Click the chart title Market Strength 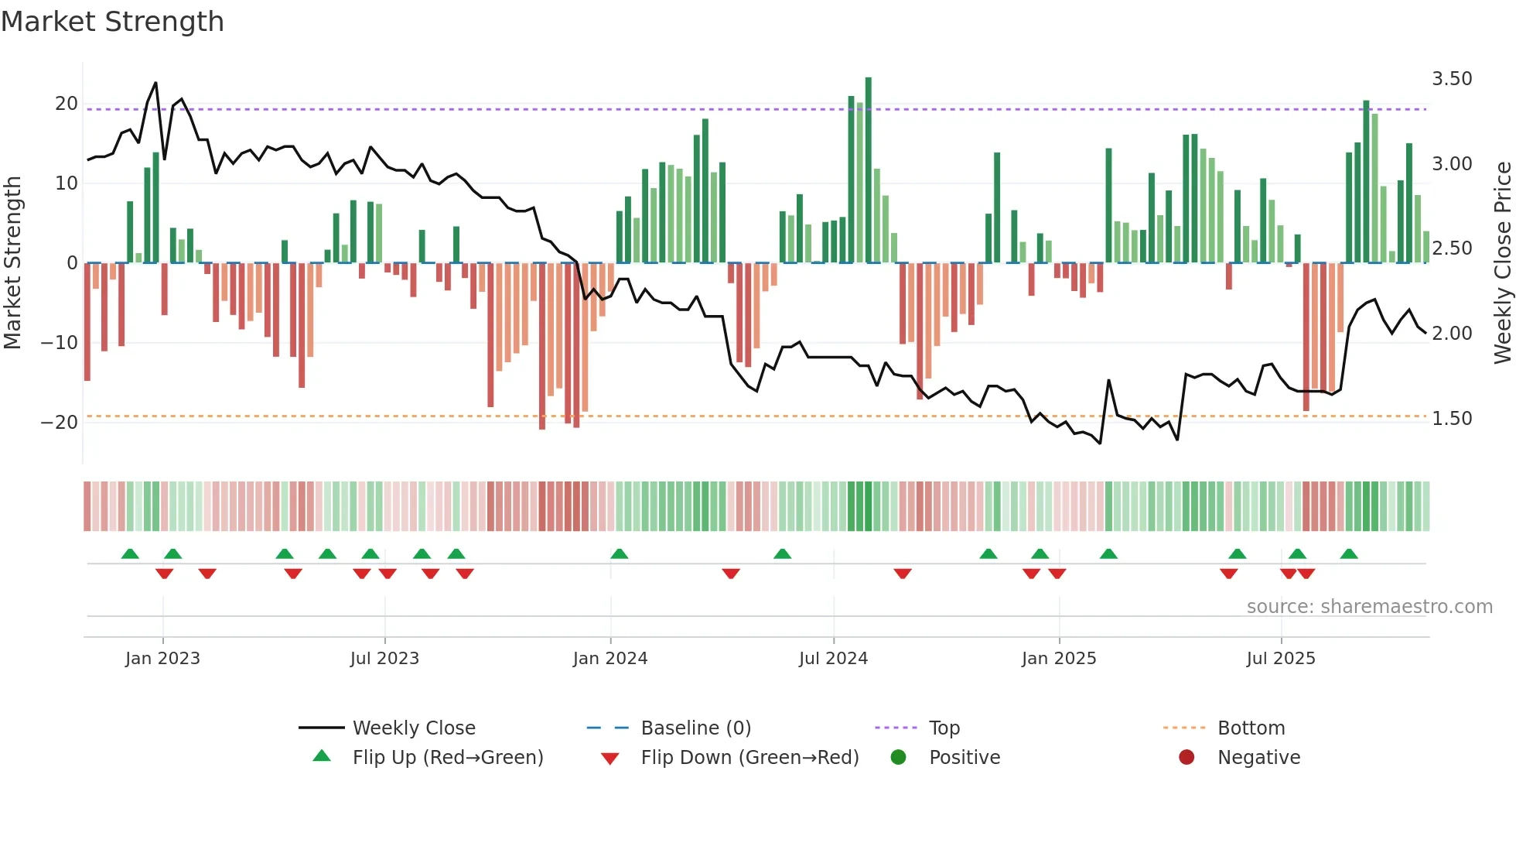coord(112,22)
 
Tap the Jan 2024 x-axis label coord(609,659)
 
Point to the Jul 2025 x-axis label coord(1280,659)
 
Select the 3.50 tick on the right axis coord(1452,79)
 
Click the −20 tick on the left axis coord(59,423)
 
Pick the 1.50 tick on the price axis coord(1452,419)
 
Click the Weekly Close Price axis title coord(1502,263)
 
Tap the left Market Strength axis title coord(12,263)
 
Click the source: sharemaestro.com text coord(1369,607)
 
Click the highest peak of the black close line coord(155,83)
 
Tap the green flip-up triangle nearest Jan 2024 coord(619,553)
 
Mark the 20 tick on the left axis coord(67,104)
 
